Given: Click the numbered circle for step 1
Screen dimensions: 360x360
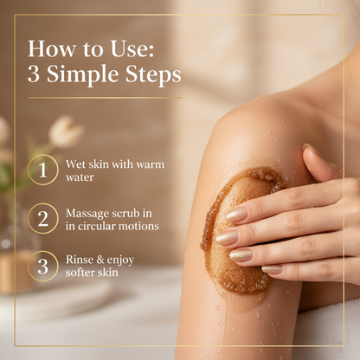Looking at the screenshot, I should pos(42,170).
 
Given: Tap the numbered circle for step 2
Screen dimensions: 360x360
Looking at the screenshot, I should pos(42,218).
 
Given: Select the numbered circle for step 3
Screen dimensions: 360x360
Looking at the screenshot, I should pos(42,266).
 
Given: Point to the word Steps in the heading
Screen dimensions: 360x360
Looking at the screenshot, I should pos(153,74).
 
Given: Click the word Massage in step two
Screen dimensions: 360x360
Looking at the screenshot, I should pos(87,212).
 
